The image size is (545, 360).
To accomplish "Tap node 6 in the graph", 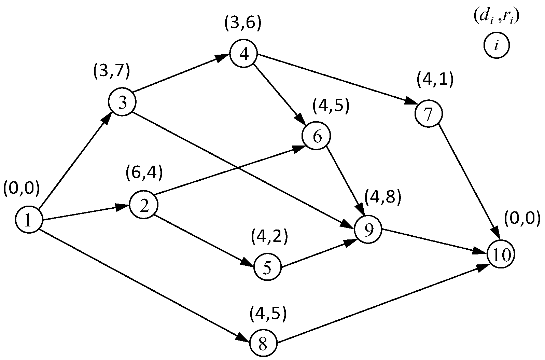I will pos(316,136).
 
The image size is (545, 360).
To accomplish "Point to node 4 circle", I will pos(243,54).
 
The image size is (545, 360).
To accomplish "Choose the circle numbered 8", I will pos(263,343).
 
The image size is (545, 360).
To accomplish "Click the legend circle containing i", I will pos(496,45).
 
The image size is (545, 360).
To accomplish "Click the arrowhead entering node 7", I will pos(411,102).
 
